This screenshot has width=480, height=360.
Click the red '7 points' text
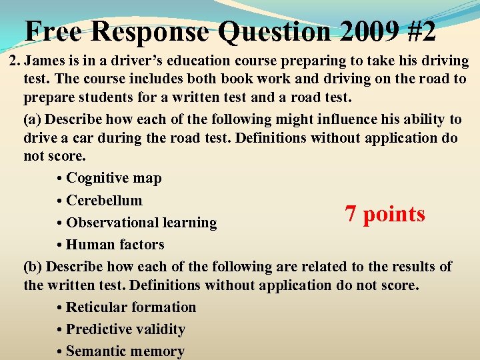click(385, 214)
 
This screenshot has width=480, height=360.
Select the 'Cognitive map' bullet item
click(113, 178)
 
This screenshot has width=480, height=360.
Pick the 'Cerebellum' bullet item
click(104, 200)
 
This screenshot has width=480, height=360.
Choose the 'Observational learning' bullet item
click(141, 223)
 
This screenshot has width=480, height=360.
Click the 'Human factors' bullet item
click(115, 245)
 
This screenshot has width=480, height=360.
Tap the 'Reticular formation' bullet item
click(131, 307)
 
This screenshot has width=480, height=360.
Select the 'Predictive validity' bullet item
click(125, 329)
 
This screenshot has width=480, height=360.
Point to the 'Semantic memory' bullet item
click(125, 351)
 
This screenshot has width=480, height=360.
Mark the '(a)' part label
click(31, 120)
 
